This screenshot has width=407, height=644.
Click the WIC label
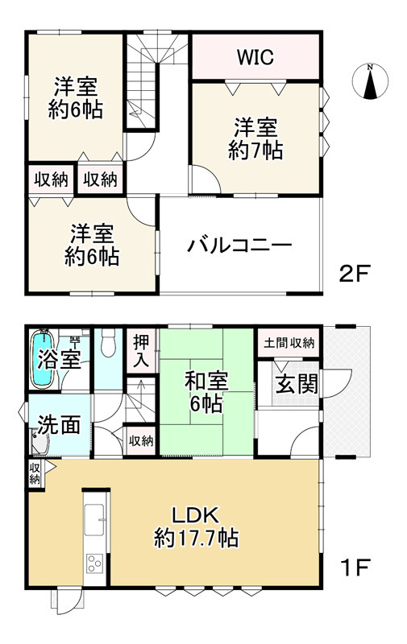pyautogui.click(x=255, y=57)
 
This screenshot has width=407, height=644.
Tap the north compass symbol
pyautogui.click(x=369, y=82)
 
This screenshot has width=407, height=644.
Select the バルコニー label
pyautogui.click(x=239, y=246)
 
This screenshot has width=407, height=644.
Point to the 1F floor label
pyautogui.click(x=353, y=568)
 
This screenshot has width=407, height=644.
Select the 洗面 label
pyautogui.click(x=59, y=423)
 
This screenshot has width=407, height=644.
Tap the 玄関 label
pyautogui.click(x=296, y=384)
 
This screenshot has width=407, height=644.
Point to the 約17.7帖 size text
pyautogui.click(x=196, y=539)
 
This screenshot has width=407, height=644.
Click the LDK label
pyautogui.click(x=194, y=515)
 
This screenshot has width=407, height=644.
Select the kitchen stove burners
pyautogui.click(x=94, y=563)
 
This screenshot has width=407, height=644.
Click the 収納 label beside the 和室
pyautogui.click(x=141, y=440)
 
